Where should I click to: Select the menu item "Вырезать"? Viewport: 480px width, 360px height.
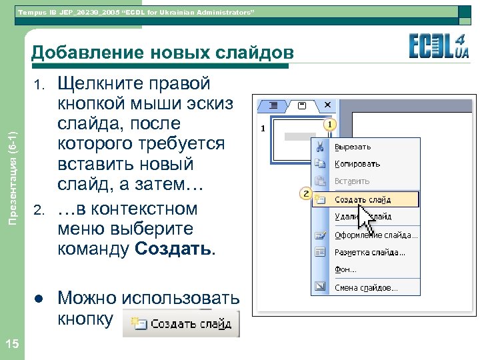(353, 147)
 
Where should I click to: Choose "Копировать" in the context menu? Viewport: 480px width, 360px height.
(357, 164)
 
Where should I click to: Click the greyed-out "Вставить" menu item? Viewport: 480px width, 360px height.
(352, 181)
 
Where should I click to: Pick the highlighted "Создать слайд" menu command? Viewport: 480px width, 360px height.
(363, 199)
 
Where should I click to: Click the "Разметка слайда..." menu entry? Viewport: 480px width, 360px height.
(370, 253)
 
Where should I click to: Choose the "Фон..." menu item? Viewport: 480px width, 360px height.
(345, 270)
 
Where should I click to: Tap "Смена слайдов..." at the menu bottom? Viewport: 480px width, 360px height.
(366, 288)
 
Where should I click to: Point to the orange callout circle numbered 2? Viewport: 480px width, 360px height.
(306, 194)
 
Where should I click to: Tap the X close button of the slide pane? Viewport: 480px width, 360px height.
(327, 106)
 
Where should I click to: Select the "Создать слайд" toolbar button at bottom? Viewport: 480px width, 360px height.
(182, 324)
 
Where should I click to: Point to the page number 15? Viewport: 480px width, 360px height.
(11, 343)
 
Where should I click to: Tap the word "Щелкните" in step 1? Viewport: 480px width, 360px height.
(101, 84)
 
